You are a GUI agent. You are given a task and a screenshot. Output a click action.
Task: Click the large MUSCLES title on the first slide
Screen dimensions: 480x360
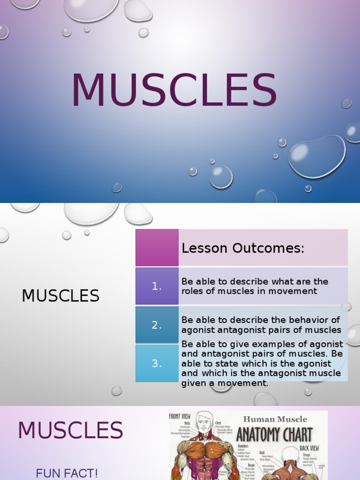pos(174,90)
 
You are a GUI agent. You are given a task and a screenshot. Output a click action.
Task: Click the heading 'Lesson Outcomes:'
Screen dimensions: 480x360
pos(243,248)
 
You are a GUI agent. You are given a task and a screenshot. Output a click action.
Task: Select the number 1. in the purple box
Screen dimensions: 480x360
pos(157,286)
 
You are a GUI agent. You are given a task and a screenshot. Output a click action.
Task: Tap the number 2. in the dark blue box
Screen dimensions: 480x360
pos(157,325)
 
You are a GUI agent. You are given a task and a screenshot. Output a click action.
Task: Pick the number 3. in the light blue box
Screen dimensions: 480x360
pos(157,363)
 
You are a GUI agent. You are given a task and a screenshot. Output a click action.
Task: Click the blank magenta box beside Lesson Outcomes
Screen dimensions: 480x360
pos(157,247)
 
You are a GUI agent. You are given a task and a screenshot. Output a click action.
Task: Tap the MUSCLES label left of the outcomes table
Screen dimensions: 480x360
pos(60,296)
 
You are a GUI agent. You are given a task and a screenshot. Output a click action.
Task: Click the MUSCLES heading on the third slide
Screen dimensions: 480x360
pos(70,430)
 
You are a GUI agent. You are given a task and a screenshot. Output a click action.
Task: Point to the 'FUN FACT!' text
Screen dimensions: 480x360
pos(67,473)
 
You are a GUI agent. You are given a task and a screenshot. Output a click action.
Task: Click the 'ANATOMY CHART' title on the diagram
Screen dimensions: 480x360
pos(274,435)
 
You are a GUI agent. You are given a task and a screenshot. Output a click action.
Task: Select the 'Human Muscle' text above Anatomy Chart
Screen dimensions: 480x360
pos(275,419)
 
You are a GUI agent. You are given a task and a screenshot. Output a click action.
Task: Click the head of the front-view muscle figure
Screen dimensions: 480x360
pos(203,422)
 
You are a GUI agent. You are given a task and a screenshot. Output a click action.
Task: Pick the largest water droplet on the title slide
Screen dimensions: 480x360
pos(317,156)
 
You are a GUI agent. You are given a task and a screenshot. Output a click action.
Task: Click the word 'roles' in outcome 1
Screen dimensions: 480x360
pos(192,291)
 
